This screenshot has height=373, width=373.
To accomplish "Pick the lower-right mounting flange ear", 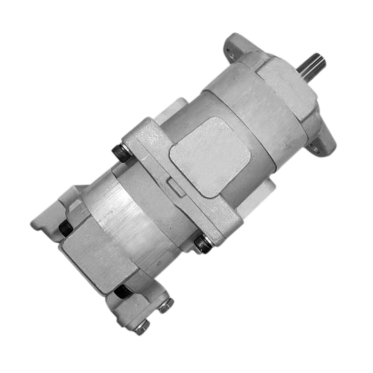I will [323, 143].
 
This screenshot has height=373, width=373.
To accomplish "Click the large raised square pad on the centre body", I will [211, 155].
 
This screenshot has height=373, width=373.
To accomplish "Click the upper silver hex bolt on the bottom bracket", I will [166, 306].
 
